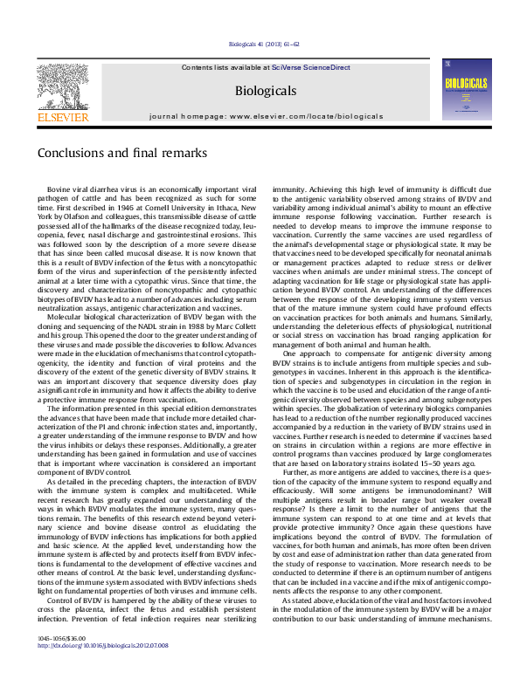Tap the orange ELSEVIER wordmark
pos(64,117)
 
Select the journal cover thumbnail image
pos(462,89)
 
